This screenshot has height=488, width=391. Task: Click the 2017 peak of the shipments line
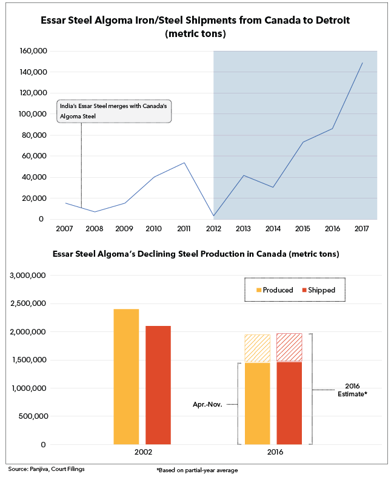click(363, 63)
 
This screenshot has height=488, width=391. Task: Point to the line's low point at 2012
click(213, 215)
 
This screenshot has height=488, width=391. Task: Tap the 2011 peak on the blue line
click(184, 163)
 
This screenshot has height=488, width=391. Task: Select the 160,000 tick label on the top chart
click(33, 51)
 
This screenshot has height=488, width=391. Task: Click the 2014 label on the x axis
click(273, 229)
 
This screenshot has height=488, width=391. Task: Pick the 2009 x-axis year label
click(124, 229)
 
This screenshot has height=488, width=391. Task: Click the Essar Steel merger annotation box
click(114, 111)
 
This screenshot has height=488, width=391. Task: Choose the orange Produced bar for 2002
click(126, 376)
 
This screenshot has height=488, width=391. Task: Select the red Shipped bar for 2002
click(158, 385)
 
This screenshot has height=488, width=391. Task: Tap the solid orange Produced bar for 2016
click(258, 404)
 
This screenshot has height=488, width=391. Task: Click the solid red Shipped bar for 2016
click(289, 403)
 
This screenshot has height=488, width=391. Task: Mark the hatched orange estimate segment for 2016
click(258, 348)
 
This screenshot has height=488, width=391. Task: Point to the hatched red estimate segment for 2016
click(289, 348)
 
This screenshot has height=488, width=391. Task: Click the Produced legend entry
click(275, 290)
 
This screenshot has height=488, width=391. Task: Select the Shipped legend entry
click(319, 290)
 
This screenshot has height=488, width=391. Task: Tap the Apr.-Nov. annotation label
click(207, 405)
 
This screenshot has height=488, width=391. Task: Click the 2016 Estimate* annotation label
click(352, 390)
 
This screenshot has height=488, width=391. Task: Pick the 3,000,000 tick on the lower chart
click(28, 276)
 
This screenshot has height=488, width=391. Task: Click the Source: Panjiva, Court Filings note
click(46, 469)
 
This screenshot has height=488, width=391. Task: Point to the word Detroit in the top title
click(333, 20)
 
